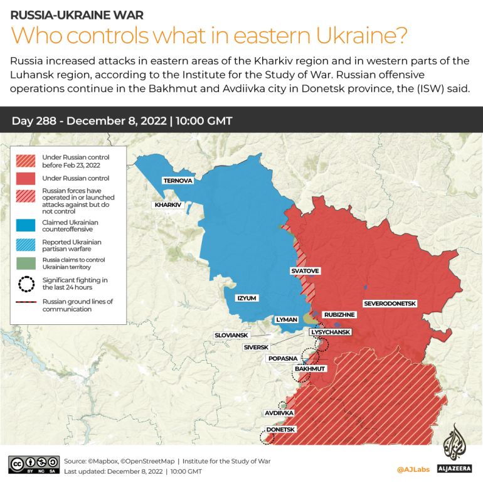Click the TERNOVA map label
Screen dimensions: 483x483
(178, 181)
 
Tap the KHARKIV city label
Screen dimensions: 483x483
(167, 205)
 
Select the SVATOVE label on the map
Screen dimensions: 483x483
(305, 271)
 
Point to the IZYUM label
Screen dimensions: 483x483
(246, 298)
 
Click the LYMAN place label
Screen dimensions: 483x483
(286, 319)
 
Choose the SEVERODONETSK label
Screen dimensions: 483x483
(390, 304)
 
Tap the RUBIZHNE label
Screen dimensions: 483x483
(339, 314)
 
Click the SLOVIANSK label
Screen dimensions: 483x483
(231, 336)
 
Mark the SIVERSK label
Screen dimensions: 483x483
(256, 347)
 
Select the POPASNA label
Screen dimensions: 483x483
(282, 358)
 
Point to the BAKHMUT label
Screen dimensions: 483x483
(310, 369)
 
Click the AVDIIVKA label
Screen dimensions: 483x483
(279, 413)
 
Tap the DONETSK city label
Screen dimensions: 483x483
(280, 430)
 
